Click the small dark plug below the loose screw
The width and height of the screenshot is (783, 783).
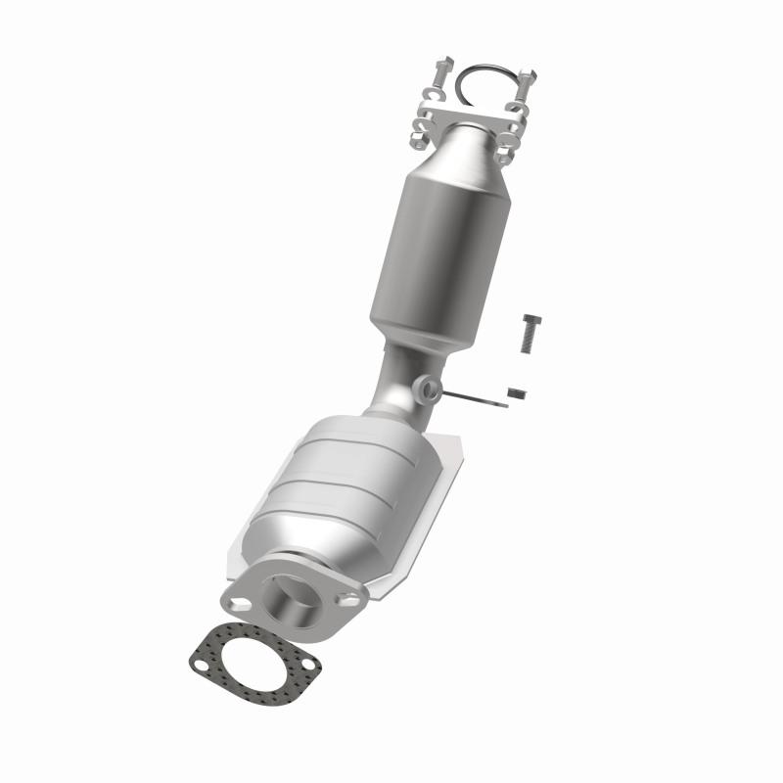click(518, 392)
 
